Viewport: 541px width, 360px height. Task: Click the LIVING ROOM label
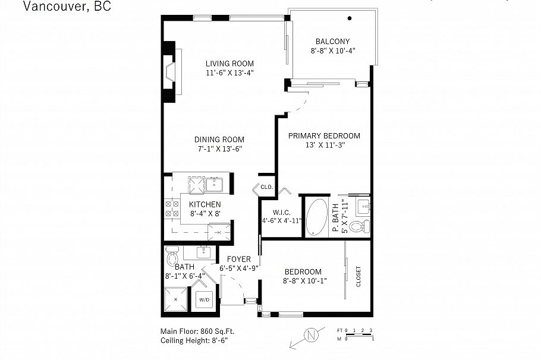point(229,64)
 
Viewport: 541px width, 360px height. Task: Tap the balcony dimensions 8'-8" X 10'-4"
point(332,51)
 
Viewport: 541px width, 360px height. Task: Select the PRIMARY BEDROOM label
point(324,135)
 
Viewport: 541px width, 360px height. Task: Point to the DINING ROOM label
point(220,140)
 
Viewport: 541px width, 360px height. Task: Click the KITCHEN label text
point(205,204)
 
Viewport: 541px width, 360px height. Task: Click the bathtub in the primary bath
point(317,217)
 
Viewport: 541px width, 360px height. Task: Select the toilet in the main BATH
point(173,257)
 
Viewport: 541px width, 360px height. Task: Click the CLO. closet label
point(266,187)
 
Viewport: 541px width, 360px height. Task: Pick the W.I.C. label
point(281,212)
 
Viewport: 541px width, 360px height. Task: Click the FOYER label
point(238,260)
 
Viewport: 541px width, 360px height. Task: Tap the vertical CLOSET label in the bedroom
point(358,276)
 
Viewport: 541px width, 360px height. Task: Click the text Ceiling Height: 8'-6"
point(194,341)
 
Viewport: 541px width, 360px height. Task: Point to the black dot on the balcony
point(350,18)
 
